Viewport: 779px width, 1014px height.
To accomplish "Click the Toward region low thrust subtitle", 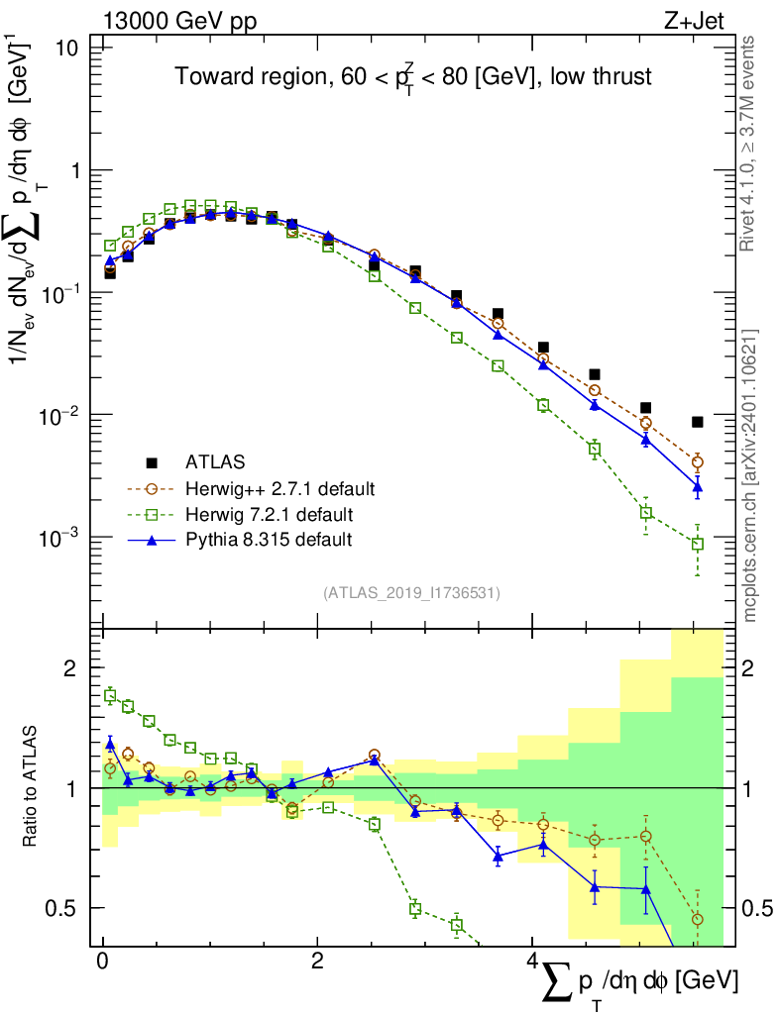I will point(413,77).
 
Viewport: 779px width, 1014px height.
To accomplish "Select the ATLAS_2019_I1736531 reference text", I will point(411,593).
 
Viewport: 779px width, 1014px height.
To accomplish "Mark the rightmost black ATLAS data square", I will point(698,422).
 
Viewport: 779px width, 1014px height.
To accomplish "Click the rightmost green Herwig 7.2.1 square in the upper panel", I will point(698,545).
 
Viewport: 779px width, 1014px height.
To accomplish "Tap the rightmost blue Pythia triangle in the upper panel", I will point(698,486).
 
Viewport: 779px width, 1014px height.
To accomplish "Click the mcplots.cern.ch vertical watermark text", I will point(750,475).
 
